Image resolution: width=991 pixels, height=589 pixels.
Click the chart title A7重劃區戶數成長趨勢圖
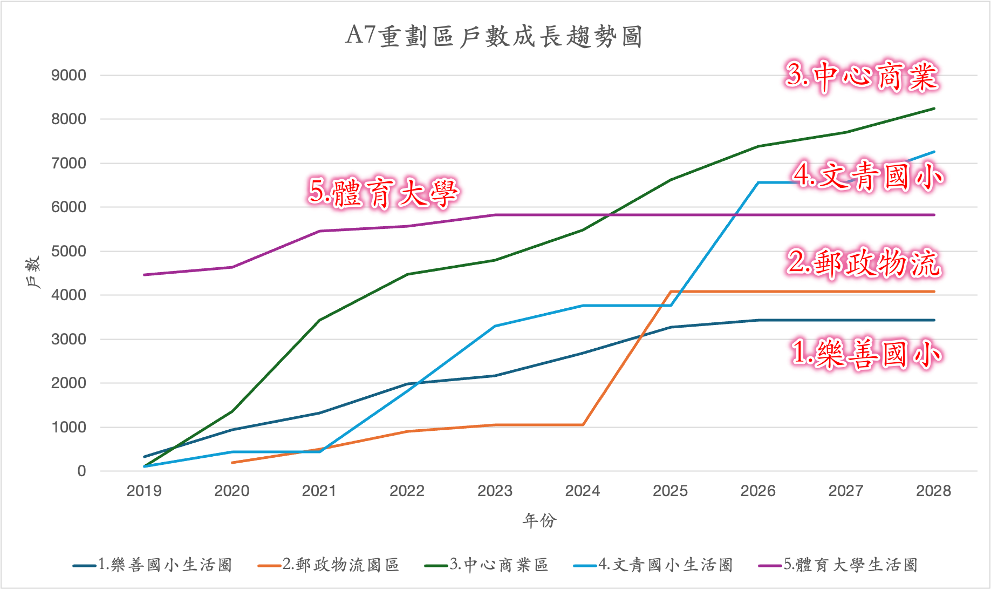tap(494, 37)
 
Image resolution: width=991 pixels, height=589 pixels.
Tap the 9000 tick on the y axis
tap(69, 76)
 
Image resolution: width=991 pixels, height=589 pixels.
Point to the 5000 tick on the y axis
tap(69, 252)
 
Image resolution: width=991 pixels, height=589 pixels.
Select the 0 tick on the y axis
tap(81, 471)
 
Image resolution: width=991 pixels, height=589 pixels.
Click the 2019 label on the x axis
tap(144, 491)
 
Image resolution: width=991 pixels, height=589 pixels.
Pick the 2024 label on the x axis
tap(583, 491)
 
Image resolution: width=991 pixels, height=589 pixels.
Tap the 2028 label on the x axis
tap(933, 491)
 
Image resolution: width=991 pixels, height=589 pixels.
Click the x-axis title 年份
tap(539, 520)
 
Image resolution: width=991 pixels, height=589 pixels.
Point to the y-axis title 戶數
tap(33, 273)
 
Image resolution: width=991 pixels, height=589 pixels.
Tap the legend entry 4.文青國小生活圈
tap(665, 565)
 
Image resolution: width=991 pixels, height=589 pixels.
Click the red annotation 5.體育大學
tap(383, 193)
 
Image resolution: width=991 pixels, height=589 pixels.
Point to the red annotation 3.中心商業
tap(862, 76)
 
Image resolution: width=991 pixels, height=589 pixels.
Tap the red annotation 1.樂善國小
tap(866, 354)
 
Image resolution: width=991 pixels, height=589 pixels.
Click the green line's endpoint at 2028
tap(934, 109)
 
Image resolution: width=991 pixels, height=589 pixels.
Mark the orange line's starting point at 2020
tap(232, 463)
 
